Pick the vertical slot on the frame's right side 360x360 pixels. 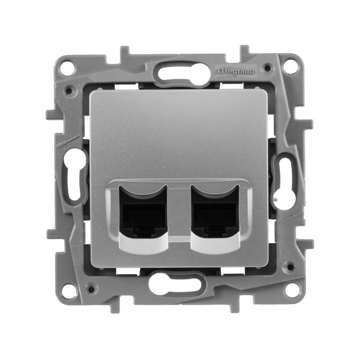point(286,180)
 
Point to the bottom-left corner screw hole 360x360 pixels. point(68,290)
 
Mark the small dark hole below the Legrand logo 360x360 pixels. point(269,69)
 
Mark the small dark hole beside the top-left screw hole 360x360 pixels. point(68,90)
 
